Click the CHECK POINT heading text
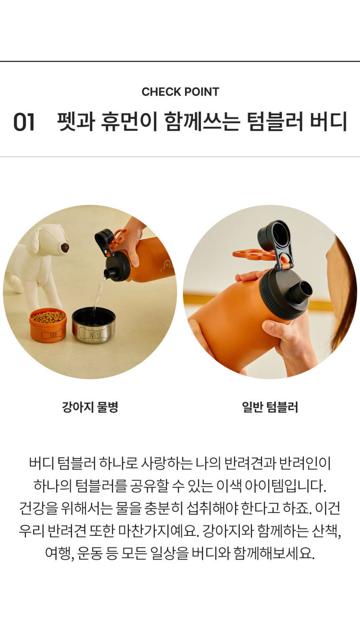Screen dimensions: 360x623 coord(180,92)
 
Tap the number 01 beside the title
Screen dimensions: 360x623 coord(24,122)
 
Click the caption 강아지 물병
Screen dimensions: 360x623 coord(90,407)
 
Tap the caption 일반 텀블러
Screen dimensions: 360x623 coord(270,407)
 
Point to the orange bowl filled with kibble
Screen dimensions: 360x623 coord(48,325)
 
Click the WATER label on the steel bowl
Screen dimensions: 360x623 coord(95,334)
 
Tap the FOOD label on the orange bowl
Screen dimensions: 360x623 coord(53,335)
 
